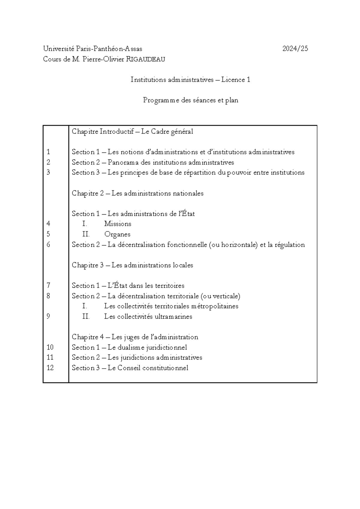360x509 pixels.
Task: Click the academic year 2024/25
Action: tap(295, 49)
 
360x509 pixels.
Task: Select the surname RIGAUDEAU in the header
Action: tap(145, 59)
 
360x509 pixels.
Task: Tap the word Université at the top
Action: tap(58, 49)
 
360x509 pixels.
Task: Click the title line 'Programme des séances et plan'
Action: tap(190, 100)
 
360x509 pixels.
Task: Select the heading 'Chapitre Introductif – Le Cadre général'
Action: tap(132, 131)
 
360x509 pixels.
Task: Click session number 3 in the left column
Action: tap(49, 172)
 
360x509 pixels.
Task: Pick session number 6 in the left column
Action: tap(49, 245)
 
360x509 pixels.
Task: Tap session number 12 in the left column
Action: tap(50, 368)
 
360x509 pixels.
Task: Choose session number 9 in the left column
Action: tap(49, 316)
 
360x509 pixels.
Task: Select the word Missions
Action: tap(118, 224)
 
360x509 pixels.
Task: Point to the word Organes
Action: tap(117, 234)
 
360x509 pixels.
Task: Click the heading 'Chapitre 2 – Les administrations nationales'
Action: tap(137, 193)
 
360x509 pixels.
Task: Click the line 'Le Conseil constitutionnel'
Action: tap(148, 368)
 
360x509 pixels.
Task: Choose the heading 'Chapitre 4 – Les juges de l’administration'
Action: tap(135, 337)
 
